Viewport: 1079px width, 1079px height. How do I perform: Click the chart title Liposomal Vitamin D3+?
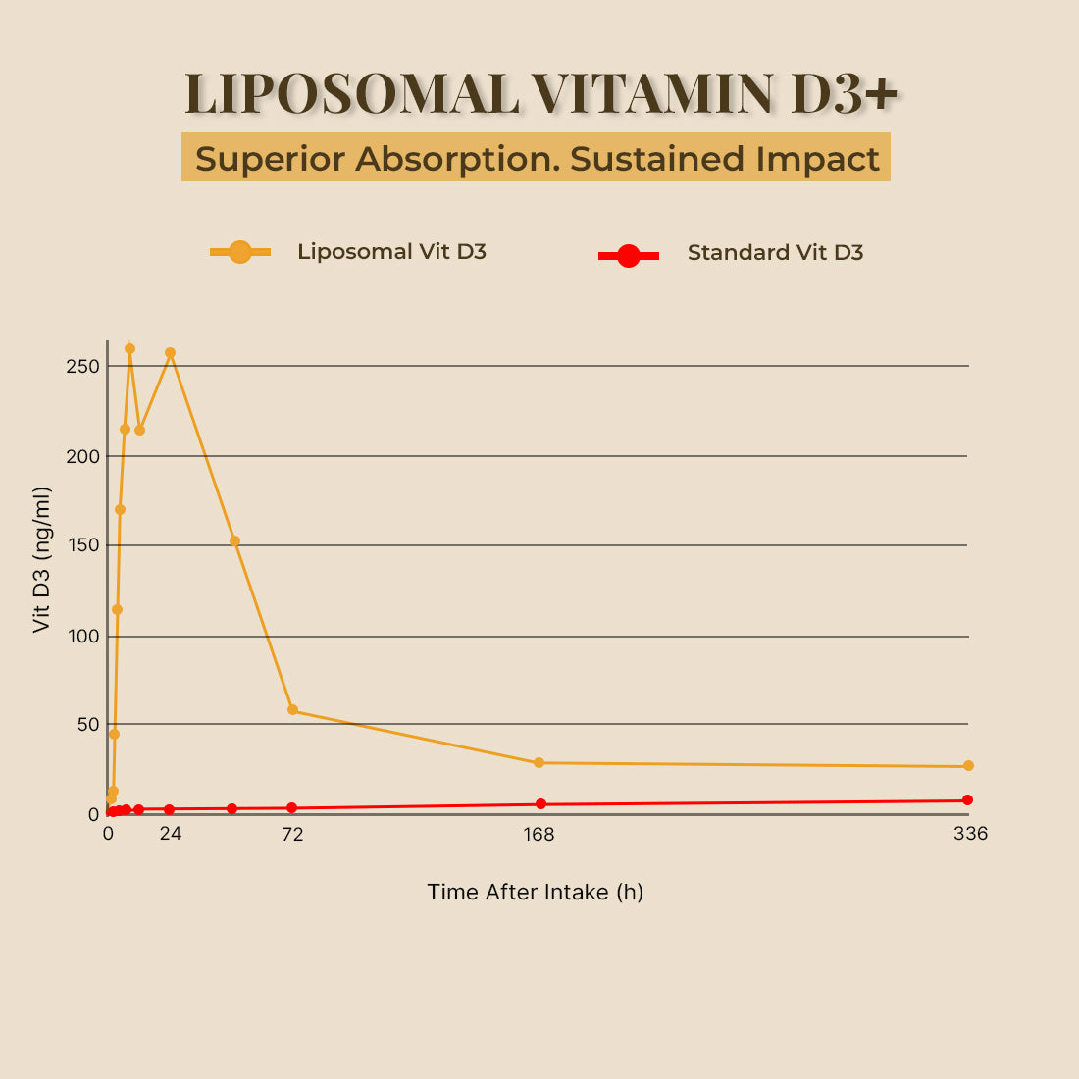click(540, 93)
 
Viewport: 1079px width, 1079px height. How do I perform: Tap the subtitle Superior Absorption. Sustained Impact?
click(537, 158)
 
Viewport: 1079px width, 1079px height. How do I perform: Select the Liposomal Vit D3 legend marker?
click(240, 252)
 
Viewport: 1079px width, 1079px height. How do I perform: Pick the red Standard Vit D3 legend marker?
click(629, 256)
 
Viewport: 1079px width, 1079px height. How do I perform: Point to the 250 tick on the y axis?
click(83, 366)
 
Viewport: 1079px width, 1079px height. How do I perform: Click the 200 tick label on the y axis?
click(83, 456)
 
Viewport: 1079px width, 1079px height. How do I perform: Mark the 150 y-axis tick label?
click(83, 545)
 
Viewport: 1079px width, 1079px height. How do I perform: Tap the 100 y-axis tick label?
click(83, 636)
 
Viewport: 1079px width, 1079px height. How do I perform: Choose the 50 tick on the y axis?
click(87, 724)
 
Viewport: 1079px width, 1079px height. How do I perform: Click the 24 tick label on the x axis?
click(171, 835)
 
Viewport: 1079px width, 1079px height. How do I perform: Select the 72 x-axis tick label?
click(292, 835)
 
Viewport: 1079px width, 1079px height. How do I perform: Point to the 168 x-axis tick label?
click(539, 835)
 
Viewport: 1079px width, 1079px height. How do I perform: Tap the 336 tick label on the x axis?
click(970, 835)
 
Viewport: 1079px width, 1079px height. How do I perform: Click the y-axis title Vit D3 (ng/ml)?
click(41, 559)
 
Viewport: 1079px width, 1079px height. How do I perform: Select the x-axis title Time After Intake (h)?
click(536, 892)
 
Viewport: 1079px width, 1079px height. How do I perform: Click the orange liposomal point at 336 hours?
click(968, 766)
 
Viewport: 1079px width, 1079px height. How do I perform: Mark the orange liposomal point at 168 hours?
click(539, 762)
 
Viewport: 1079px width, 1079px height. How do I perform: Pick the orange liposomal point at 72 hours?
click(292, 709)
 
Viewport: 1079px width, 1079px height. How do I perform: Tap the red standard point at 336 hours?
click(967, 799)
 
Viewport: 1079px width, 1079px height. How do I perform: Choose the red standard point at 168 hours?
click(540, 803)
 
